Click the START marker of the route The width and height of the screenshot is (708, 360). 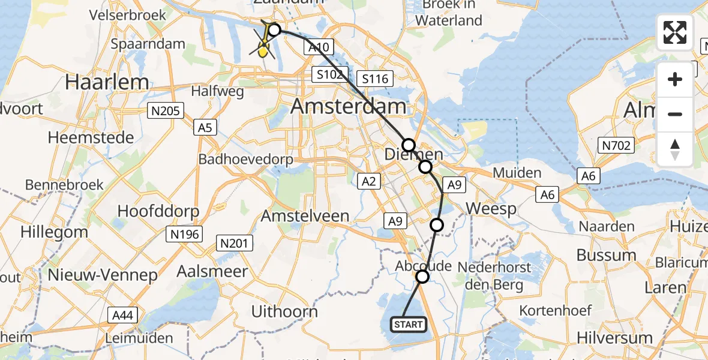tap(409, 325)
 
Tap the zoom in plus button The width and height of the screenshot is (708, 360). tap(675, 79)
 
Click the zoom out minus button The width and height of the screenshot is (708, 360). tap(675, 114)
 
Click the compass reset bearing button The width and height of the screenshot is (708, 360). tap(675, 149)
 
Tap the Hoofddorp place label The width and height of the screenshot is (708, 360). tap(158, 211)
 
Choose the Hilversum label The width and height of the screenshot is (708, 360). tap(614, 337)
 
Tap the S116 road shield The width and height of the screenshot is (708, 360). tap(374, 79)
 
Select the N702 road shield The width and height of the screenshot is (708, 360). tap(617, 145)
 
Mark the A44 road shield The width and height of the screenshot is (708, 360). tap(123, 315)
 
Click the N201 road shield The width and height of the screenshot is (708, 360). tap(235, 243)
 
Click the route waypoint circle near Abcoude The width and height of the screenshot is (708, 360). tap(423, 277)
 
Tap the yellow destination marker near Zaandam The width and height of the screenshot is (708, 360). tap(263, 51)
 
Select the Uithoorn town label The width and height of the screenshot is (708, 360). tap(284, 311)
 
